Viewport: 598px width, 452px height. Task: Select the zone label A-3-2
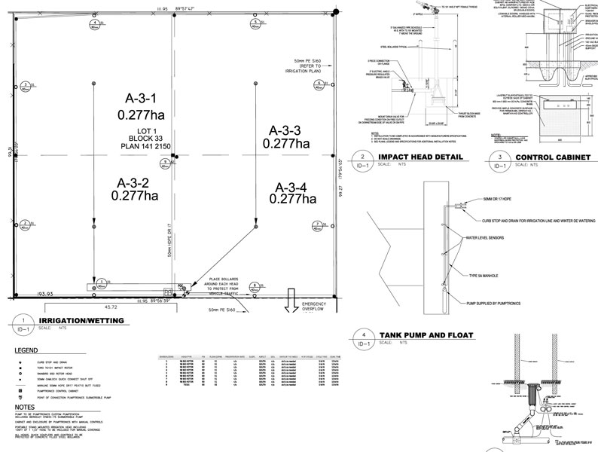tap(133, 182)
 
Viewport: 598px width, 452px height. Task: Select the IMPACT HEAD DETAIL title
tap(416, 158)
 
